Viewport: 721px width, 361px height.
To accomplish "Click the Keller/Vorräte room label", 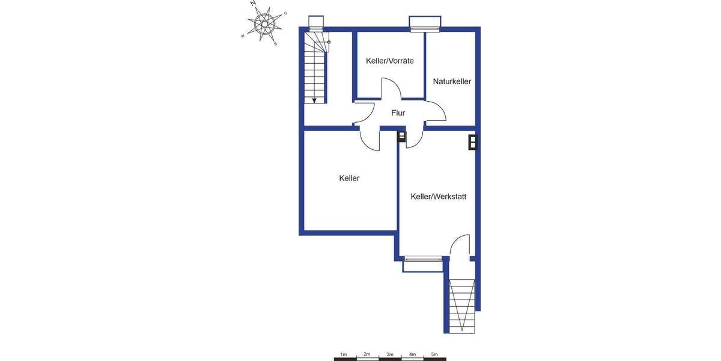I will pyautogui.click(x=389, y=61).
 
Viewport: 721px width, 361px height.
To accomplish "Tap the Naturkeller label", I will pyautogui.click(x=452, y=81).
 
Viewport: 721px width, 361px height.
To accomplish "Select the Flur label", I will pyautogui.click(x=398, y=113).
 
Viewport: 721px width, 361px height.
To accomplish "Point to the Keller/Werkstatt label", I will pyautogui.click(x=439, y=197).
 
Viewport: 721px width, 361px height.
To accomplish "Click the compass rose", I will pyautogui.click(x=265, y=25).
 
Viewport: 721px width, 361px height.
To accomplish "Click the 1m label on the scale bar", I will pyautogui.click(x=344, y=354).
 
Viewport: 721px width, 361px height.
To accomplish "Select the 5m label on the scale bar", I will pyautogui.click(x=434, y=354).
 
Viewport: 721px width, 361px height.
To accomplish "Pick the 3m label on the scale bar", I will pyautogui.click(x=389, y=354).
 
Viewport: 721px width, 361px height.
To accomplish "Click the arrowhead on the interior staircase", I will pyautogui.click(x=314, y=100).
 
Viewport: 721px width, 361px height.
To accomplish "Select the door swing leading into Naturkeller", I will pyautogui.click(x=436, y=111).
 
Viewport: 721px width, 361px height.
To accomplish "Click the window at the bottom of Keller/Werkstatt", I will pyautogui.click(x=422, y=260).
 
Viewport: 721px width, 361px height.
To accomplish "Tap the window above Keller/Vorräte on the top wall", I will pyautogui.click(x=425, y=24).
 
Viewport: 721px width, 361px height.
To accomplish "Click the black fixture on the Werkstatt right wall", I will pyautogui.click(x=473, y=142).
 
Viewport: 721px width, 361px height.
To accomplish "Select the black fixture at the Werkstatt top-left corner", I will pyautogui.click(x=401, y=137).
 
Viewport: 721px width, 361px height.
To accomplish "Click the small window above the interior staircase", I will pyautogui.click(x=316, y=23).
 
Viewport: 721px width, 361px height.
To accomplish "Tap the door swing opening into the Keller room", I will pyautogui.click(x=370, y=140).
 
